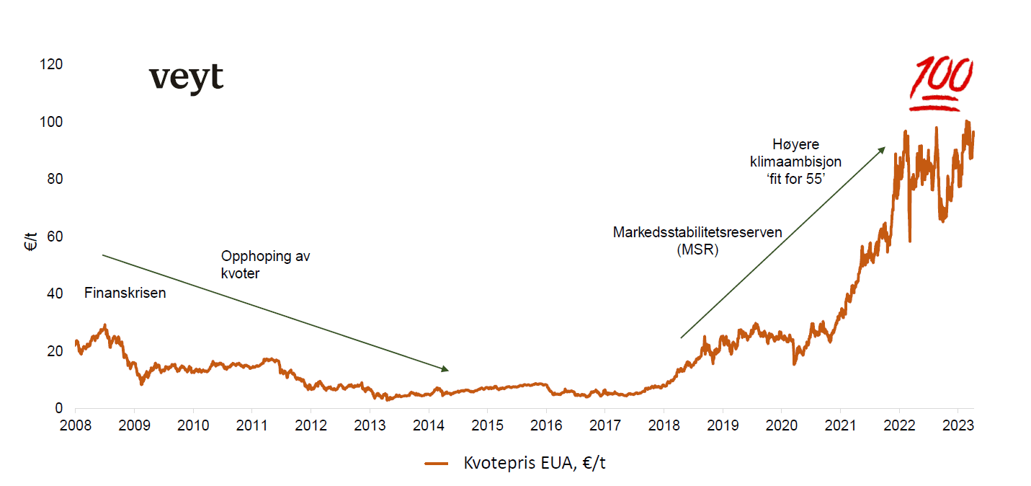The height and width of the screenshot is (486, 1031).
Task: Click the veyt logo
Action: pos(186,78)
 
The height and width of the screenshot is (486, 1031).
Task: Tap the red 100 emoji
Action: pos(941,84)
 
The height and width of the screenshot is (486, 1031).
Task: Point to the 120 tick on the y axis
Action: pos(53,64)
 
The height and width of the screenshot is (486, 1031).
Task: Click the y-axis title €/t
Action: pos(30,243)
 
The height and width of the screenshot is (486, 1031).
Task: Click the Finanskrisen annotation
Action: pos(125,293)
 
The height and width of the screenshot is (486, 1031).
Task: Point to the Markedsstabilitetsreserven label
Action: pos(697,233)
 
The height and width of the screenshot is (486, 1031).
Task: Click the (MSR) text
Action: pos(697,251)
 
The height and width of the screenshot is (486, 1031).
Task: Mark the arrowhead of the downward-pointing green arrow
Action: pos(445,369)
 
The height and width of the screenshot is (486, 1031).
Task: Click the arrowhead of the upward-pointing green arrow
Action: pos(882,149)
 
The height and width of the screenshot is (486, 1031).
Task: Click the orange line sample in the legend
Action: pos(437,464)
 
